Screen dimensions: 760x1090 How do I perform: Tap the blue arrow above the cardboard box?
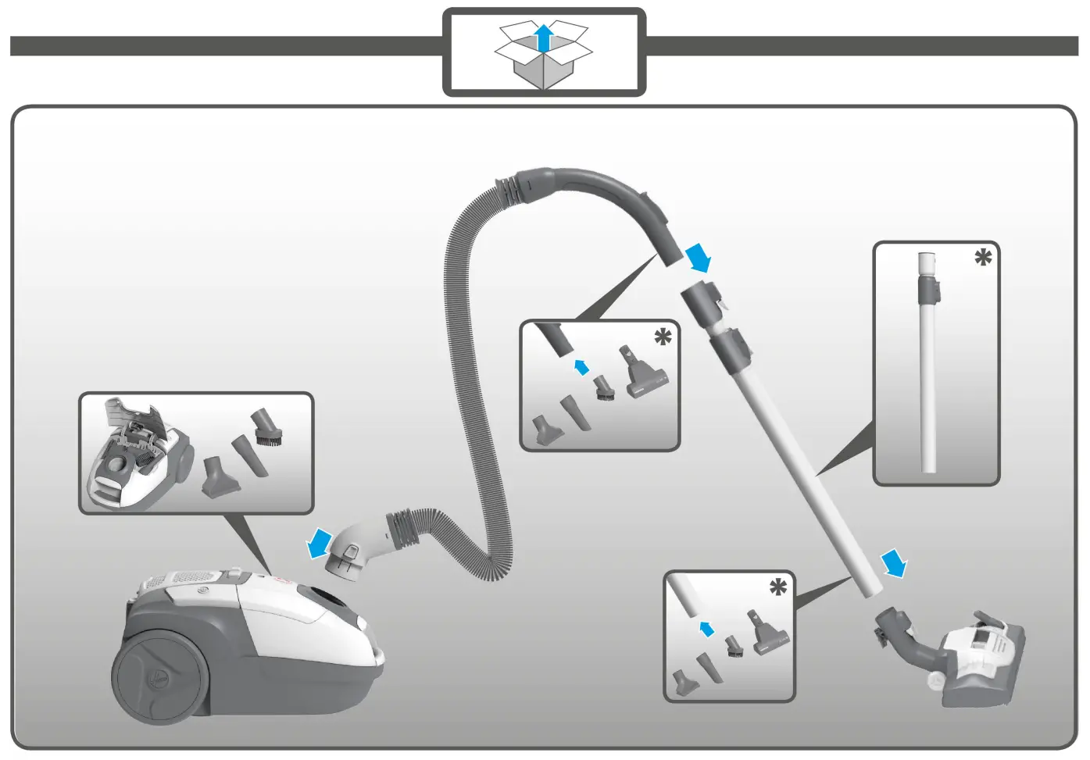click(x=544, y=37)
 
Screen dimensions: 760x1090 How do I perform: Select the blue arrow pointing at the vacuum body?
click(x=319, y=543)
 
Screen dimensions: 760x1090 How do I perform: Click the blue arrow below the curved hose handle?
click(x=698, y=256)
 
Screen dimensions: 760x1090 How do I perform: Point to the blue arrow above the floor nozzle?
click(x=894, y=562)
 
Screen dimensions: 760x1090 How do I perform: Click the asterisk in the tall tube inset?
click(x=983, y=258)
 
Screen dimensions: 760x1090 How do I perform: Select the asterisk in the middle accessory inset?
click(x=663, y=337)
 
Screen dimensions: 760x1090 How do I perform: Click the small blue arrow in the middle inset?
click(x=581, y=367)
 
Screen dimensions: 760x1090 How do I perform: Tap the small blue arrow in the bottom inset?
click(x=707, y=628)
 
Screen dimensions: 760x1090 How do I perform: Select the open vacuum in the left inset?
click(x=141, y=453)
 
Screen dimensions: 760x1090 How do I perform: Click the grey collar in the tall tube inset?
click(x=929, y=289)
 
